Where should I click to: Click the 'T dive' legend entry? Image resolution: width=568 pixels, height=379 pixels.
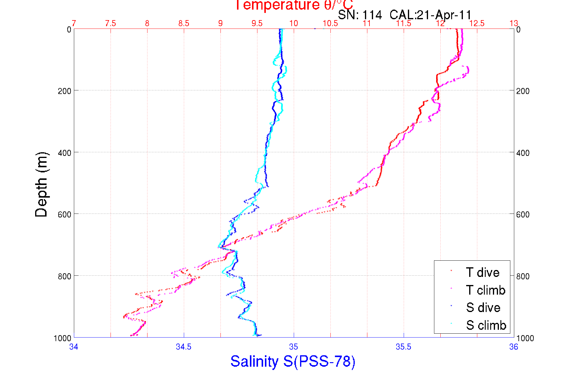coord(482,272)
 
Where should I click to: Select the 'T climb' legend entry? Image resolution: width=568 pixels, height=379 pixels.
coord(485,290)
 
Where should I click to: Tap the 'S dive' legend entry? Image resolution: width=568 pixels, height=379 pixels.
coord(483,308)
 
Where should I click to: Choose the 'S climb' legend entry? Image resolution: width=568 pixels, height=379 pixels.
coord(486,325)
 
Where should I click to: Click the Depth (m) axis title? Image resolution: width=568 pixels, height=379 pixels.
coord(41,184)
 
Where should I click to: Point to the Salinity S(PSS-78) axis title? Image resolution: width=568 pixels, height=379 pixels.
coord(293,361)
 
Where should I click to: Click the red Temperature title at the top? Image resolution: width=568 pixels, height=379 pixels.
coord(294,5)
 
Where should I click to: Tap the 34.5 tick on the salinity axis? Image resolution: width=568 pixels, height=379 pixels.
coord(184,347)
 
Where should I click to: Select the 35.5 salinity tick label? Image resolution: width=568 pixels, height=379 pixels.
coord(403,347)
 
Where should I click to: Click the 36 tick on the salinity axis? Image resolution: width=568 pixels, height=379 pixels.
coord(513,347)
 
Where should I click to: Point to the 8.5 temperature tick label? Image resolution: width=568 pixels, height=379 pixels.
coord(184,23)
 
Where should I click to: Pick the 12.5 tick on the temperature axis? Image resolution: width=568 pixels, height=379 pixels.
coord(477,23)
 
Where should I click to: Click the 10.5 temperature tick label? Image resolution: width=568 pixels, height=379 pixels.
coord(330,23)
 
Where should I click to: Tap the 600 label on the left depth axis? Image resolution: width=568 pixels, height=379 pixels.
coord(64,214)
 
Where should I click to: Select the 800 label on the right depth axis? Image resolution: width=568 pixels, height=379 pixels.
coord(523,276)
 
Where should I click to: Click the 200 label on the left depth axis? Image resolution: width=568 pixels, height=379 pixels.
coord(64,91)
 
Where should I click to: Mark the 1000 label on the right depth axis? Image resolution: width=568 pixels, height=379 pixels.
coord(525,338)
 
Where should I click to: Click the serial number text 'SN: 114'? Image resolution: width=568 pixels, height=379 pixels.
coord(360,15)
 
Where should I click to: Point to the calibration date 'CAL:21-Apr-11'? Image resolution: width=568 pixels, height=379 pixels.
coord(430,15)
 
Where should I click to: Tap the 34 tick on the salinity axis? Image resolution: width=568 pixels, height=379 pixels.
coord(74,347)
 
